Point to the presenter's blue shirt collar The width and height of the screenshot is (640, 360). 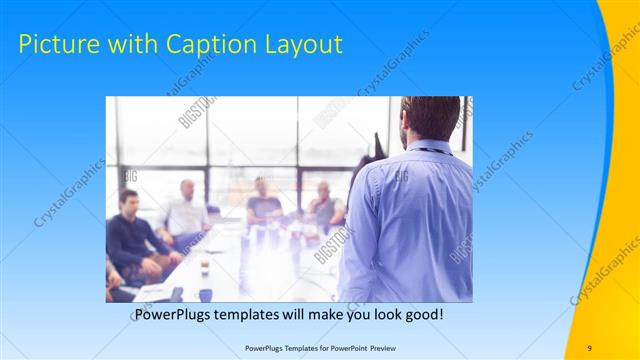coord(432,147)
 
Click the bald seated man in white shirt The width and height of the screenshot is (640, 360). coord(186,213)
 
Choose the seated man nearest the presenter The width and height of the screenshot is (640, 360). coord(325,205)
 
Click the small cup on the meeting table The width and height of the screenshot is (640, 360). coord(204,267)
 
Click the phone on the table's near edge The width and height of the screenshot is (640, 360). coord(177,294)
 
